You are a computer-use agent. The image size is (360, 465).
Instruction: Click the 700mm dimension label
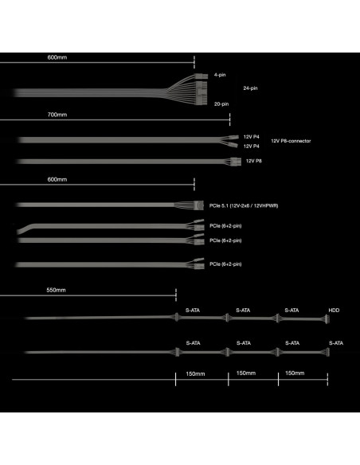(57, 115)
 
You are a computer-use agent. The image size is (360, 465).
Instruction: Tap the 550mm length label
(56, 290)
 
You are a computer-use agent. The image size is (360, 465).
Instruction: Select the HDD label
(334, 311)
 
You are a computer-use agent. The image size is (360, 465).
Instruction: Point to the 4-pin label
(220, 75)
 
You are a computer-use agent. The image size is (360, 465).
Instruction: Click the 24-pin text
(250, 88)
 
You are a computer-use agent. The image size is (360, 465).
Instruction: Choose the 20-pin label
(221, 104)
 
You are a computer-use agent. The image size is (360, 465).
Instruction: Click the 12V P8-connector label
(291, 141)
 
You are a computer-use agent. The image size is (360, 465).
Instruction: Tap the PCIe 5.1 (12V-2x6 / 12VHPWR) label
(244, 205)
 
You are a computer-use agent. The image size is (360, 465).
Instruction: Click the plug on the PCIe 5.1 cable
(199, 205)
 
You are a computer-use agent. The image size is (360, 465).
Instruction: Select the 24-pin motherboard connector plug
(202, 88)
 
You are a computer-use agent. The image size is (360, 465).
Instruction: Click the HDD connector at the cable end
(327, 320)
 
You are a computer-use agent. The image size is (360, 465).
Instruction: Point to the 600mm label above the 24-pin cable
(57, 57)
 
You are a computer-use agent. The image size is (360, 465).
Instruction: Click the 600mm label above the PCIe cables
(57, 179)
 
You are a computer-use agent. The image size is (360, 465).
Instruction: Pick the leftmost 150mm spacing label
(195, 373)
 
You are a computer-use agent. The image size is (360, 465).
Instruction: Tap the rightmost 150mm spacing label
(295, 373)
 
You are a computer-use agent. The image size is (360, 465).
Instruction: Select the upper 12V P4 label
(252, 137)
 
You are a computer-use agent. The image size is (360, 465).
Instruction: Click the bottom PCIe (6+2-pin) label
(225, 264)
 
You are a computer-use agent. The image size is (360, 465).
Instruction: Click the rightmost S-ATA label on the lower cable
(336, 343)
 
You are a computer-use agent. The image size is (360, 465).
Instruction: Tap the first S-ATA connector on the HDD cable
(177, 318)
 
